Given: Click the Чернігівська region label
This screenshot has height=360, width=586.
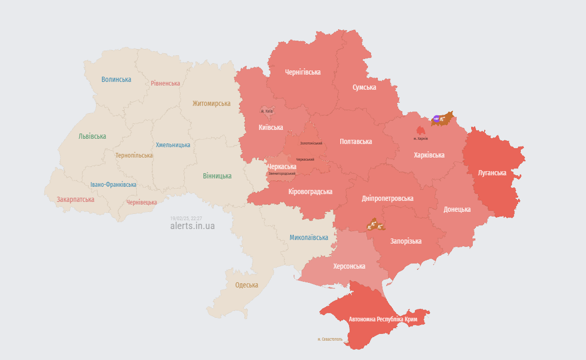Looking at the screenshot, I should (303, 72).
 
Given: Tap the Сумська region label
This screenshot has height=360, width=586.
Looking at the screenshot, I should (364, 87).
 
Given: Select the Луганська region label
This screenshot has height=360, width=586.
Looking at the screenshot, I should (492, 173).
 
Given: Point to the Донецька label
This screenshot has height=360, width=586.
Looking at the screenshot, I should (457, 209).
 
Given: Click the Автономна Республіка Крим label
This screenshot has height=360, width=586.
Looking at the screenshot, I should (387, 319).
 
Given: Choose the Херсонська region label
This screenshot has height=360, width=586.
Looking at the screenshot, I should (349, 266).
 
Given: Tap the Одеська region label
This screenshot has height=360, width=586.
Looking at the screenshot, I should (247, 285).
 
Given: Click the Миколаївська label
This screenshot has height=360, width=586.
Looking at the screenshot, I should (309, 237).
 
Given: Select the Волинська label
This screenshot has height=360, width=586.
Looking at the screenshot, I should (116, 79).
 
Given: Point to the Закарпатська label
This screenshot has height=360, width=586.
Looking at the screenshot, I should (76, 199).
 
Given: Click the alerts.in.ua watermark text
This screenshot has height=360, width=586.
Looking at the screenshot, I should (192, 226).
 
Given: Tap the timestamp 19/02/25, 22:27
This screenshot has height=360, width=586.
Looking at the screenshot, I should (186, 218).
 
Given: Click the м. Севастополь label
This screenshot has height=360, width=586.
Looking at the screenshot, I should (330, 339).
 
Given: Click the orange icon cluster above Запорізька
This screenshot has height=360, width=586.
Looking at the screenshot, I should (375, 225).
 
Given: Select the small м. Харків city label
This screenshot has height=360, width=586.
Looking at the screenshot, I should (420, 138).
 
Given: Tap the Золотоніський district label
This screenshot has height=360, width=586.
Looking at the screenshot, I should (311, 143).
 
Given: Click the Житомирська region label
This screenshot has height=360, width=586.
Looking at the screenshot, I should (211, 103).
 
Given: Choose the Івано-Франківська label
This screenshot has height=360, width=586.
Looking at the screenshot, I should (113, 185).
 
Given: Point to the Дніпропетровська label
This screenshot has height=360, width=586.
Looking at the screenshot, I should (387, 198).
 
